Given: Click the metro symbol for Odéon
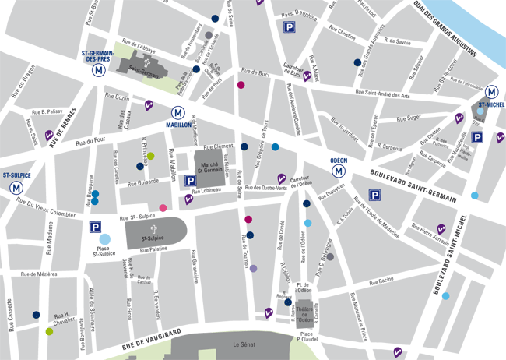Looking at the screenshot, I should coord(339,171).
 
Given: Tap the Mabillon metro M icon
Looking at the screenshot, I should coord(178,112).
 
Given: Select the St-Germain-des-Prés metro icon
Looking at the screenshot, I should coord(98,69).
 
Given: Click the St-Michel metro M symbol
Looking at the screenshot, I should coord(491,91).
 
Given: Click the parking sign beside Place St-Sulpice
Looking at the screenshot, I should coord(95,227).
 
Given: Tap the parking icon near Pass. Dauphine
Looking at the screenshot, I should coord(289,28).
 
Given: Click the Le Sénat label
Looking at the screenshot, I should coord(244,344).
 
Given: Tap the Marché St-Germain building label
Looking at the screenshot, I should coord(208,161).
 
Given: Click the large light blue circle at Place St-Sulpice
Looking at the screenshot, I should coord(104,239).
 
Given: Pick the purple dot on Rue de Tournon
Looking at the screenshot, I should coord(253,268).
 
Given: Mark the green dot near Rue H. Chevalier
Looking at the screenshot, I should coord(49,331).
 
